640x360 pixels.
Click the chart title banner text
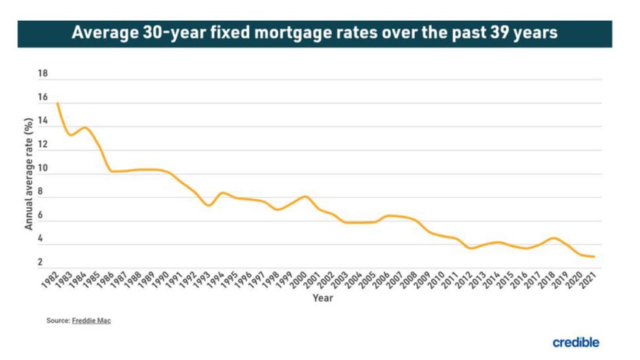315,33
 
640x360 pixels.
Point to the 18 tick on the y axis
43,74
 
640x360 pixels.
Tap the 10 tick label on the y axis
43,168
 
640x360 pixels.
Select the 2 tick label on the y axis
41,262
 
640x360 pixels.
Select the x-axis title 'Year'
323,298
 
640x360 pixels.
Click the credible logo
575,342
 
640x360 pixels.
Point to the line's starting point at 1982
57,104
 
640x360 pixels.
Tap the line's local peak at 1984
84,127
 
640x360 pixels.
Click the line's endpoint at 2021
594,257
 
